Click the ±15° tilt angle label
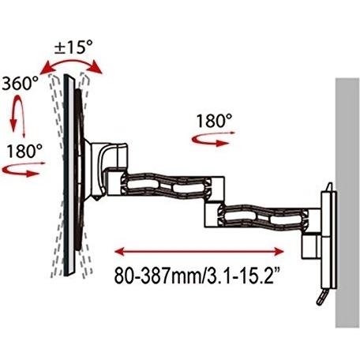[x=73, y=47]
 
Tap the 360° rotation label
[x=21, y=84]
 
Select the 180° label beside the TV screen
[x=24, y=151]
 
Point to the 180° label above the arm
[x=215, y=121]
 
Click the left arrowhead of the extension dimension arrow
[x=119, y=252]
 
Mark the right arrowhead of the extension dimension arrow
[x=279, y=252]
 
